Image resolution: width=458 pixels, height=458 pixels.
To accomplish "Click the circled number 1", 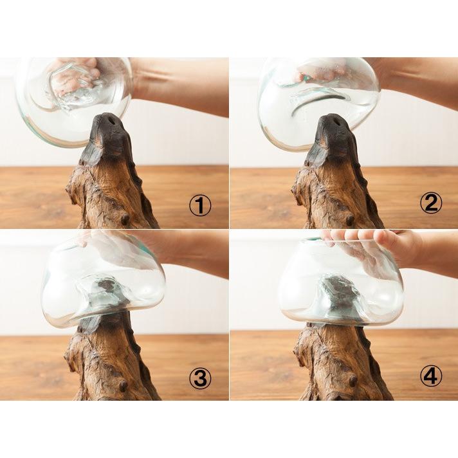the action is pyautogui.click(x=200, y=206).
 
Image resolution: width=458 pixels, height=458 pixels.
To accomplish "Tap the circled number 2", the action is pyautogui.click(x=431, y=203).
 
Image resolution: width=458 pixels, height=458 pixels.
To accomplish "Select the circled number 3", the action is pyautogui.click(x=201, y=378).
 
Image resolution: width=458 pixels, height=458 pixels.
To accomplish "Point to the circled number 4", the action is pyautogui.click(x=431, y=376).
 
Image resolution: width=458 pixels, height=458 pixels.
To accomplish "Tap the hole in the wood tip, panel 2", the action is pyautogui.click(x=336, y=120).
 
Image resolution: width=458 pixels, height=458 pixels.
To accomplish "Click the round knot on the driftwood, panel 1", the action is pyautogui.click(x=125, y=219).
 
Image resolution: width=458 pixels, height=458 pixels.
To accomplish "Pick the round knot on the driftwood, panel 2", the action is pyautogui.click(x=350, y=220).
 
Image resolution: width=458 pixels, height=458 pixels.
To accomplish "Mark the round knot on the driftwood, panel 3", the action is pyautogui.click(x=123, y=386).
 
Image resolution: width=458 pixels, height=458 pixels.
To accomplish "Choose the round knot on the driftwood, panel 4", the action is pyautogui.click(x=353, y=380).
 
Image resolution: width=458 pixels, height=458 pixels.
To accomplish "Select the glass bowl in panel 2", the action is pyautogui.click(x=318, y=104).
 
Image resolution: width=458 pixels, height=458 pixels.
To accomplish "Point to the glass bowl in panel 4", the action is pyautogui.click(x=340, y=283).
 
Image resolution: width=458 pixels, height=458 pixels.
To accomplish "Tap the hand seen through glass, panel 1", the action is pyautogui.click(x=75, y=77).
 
